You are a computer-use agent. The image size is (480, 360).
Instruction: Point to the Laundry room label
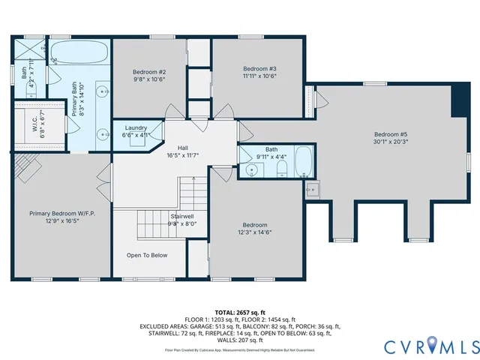point(136,128)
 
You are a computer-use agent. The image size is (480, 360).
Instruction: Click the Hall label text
point(182,148)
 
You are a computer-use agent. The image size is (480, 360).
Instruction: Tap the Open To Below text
point(147,256)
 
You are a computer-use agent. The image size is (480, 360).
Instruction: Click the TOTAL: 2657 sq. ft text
point(240,310)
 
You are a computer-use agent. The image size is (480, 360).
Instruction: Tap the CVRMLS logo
point(430,346)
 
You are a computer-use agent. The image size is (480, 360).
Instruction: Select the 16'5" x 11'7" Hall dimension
point(182,155)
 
